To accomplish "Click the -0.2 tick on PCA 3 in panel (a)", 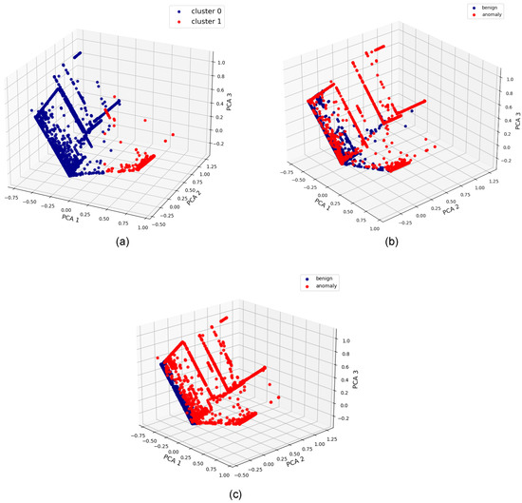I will pyautogui.click(x=221, y=144).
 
